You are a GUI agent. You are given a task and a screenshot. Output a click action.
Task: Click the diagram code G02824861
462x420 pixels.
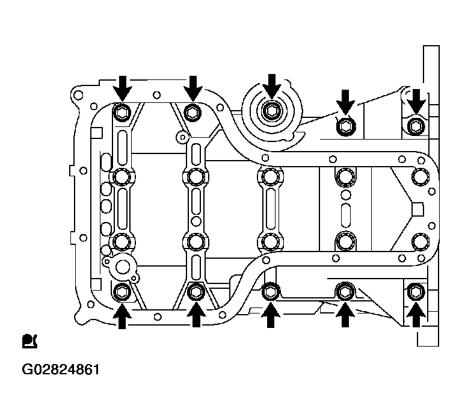click(x=61, y=369)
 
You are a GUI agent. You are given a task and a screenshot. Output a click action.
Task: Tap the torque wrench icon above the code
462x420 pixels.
click(x=29, y=341)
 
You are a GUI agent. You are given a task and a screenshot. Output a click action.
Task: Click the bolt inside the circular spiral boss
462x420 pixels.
click(x=271, y=111)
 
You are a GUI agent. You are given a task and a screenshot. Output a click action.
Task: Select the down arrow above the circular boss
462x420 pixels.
click(x=272, y=86)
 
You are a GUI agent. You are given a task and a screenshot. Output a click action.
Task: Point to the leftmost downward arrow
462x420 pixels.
click(x=122, y=88)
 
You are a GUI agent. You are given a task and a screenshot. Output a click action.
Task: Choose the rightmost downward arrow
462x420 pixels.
click(x=416, y=102)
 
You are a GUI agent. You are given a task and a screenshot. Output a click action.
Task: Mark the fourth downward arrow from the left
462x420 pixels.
click(x=345, y=102)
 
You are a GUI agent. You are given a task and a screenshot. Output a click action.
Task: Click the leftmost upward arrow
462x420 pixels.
click(x=122, y=317)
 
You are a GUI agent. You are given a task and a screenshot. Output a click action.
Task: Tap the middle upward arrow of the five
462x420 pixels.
click(x=271, y=315)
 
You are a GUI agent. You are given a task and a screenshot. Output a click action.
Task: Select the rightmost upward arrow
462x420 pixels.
click(x=416, y=315)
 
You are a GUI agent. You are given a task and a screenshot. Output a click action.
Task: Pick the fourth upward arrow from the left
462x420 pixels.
click(x=345, y=315)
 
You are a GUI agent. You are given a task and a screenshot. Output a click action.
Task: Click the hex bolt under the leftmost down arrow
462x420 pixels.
click(x=122, y=113)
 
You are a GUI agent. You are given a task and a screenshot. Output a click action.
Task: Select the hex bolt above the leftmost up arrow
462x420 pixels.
click(x=122, y=292)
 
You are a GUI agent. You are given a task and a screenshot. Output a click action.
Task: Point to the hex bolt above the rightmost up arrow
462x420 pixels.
click(x=416, y=292)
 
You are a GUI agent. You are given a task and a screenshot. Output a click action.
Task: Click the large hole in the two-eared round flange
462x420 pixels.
click(x=122, y=267)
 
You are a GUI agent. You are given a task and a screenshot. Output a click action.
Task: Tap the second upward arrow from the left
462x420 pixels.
click(x=196, y=317)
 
